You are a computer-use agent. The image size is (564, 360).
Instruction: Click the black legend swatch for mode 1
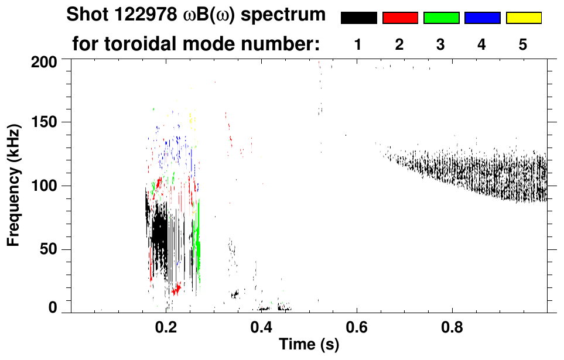(358, 18)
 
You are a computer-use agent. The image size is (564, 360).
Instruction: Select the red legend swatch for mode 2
(400, 18)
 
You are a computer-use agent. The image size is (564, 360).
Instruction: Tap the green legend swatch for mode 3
(441, 18)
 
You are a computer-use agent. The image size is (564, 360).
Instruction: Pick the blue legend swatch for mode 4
(482, 18)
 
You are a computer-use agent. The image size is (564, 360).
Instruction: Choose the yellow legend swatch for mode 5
(523, 18)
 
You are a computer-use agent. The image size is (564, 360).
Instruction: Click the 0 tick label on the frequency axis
(53, 308)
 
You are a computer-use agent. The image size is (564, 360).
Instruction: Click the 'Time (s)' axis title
(309, 345)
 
